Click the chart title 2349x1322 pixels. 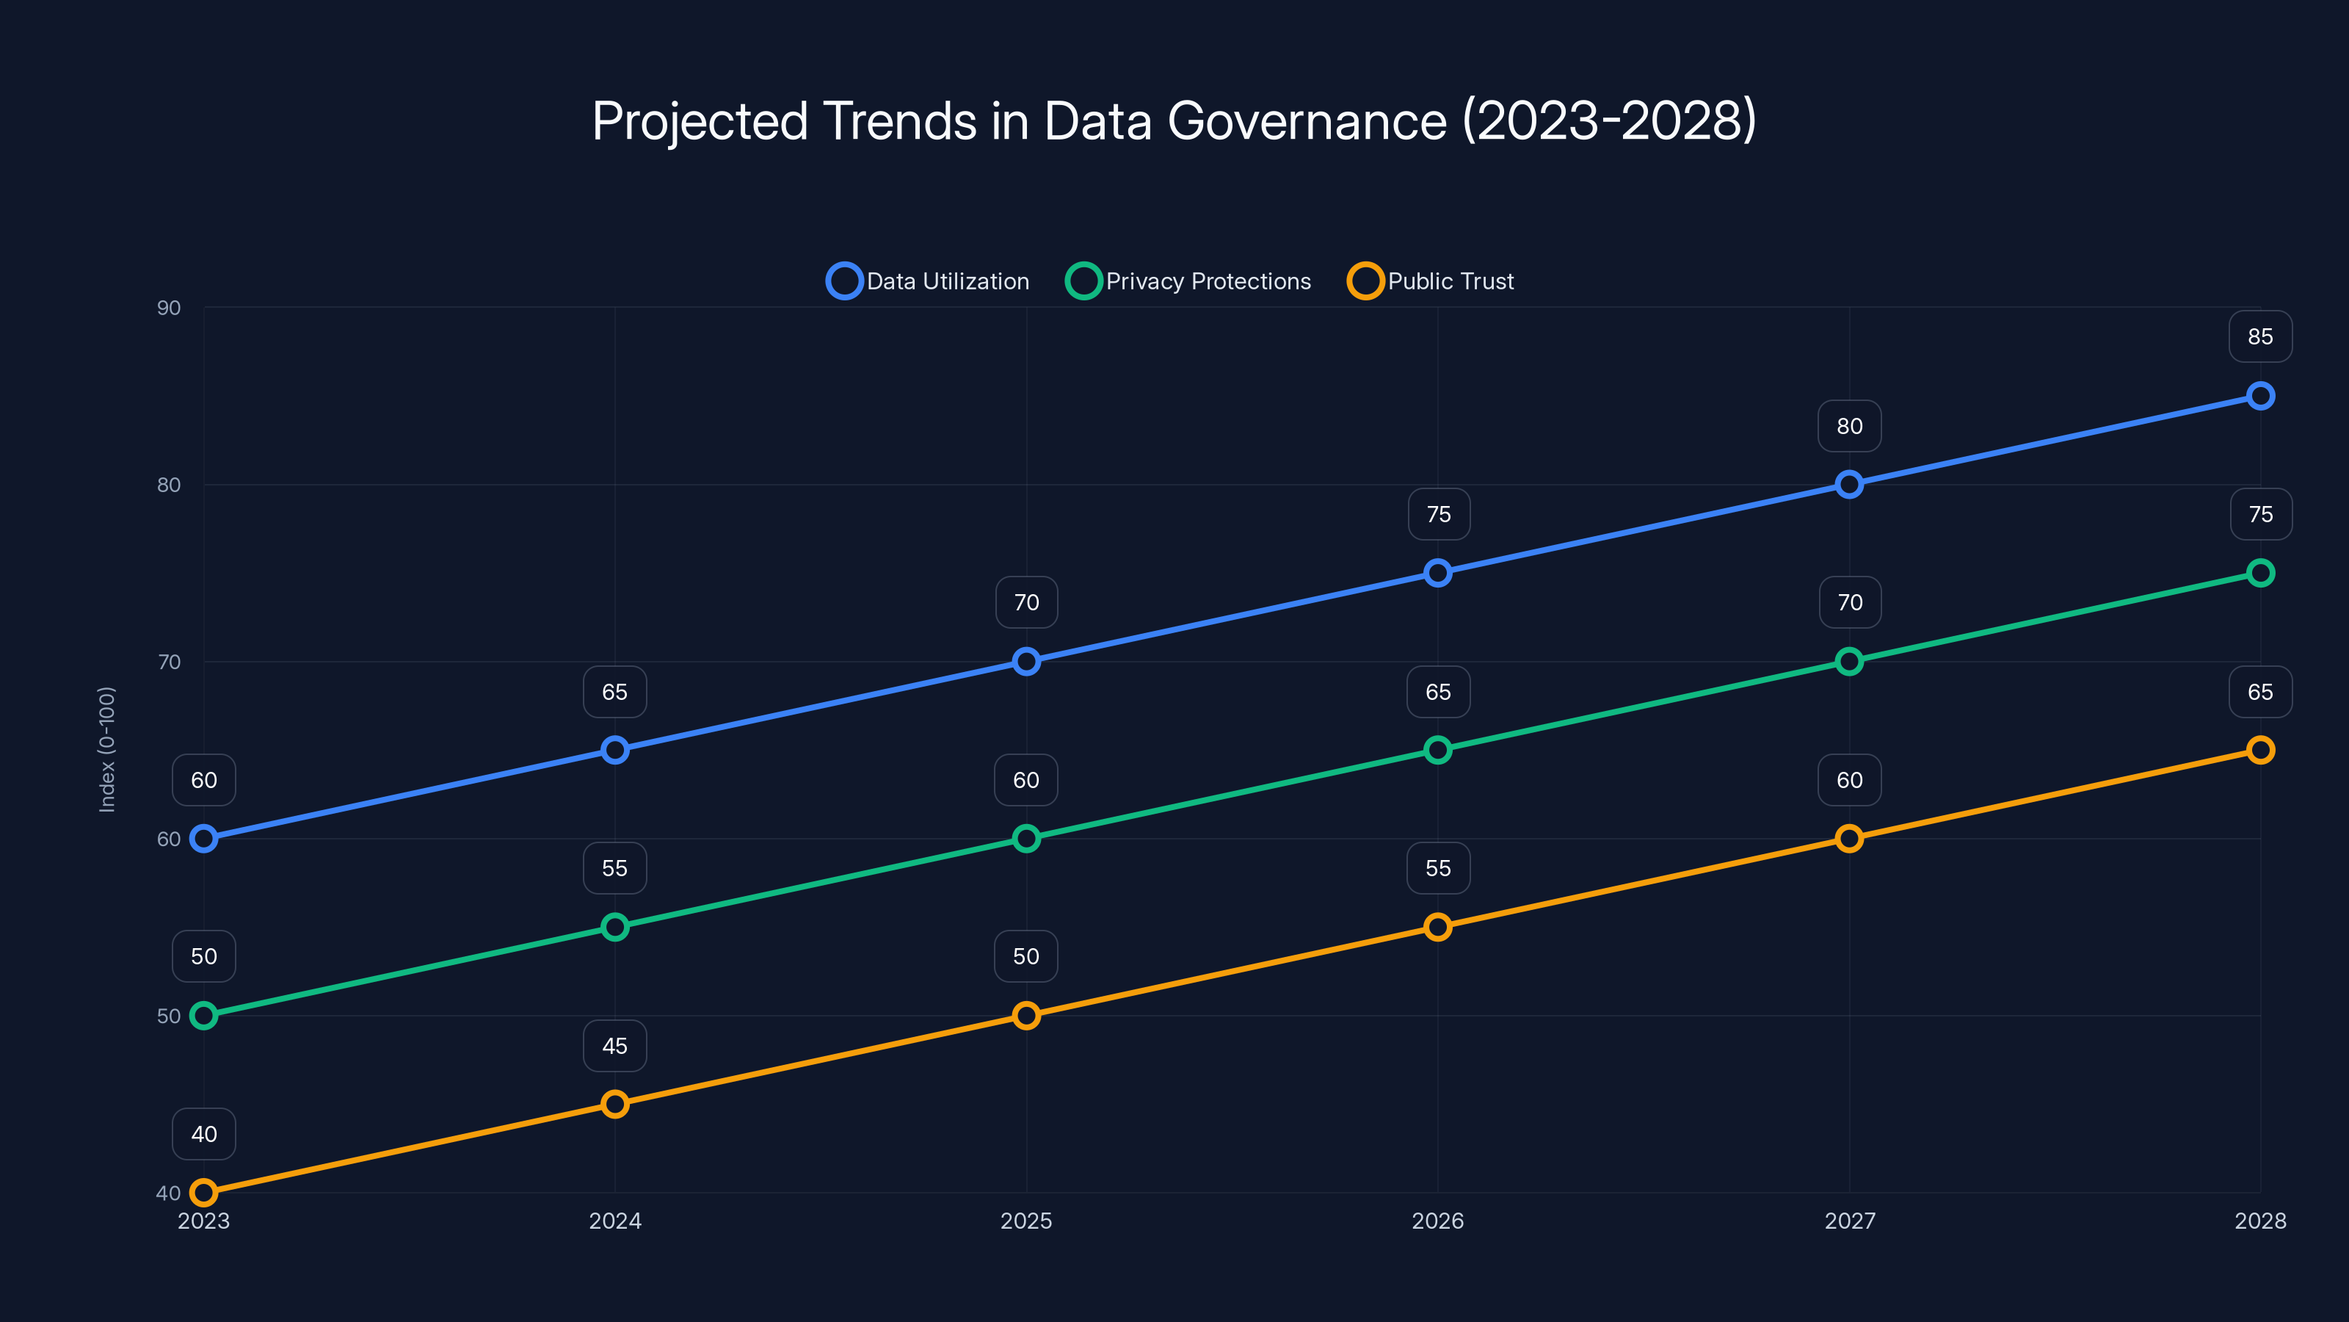click(x=1174, y=121)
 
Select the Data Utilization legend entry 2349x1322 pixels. click(x=929, y=281)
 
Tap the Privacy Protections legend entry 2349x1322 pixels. click(x=1189, y=281)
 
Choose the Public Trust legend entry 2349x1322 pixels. click(x=1431, y=281)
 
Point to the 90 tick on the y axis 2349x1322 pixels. click(x=169, y=308)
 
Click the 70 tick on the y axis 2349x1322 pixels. click(x=169, y=662)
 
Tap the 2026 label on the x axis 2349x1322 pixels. click(x=1437, y=1221)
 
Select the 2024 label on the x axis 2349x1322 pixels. click(x=614, y=1221)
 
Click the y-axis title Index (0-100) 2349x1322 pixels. click(x=106, y=749)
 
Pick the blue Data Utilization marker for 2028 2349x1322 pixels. click(x=2259, y=396)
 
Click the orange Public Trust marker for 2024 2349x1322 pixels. click(x=614, y=1104)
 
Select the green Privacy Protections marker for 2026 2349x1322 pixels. click(x=1437, y=750)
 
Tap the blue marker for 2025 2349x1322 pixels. click(x=1026, y=662)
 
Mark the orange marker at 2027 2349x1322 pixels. click(x=1848, y=839)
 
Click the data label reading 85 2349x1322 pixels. click(x=2259, y=336)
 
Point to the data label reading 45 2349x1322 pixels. click(x=614, y=1046)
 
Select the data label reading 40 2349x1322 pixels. click(x=203, y=1134)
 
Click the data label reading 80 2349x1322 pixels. click(x=1848, y=426)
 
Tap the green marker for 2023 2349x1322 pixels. click(x=203, y=1016)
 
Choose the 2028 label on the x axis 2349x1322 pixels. click(x=2259, y=1221)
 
